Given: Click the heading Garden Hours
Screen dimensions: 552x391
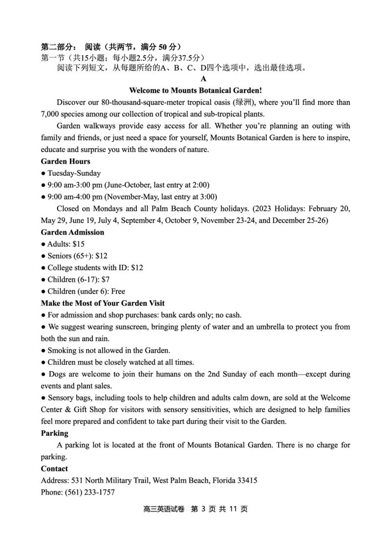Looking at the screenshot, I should tap(65, 161).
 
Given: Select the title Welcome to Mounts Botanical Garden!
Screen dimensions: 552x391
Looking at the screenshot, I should tap(195, 90).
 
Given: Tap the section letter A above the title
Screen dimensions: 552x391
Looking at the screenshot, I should tap(203, 79).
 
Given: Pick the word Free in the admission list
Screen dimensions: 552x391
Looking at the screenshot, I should tap(118, 291).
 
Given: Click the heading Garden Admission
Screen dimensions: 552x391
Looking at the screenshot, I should tap(72, 232).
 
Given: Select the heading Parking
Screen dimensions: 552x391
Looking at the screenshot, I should tap(55, 433).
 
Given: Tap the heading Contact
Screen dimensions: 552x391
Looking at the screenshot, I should tap(55, 468).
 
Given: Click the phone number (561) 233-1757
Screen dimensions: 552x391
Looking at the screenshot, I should tap(90, 492).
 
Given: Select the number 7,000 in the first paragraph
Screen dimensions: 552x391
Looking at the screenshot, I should tap(50, 114).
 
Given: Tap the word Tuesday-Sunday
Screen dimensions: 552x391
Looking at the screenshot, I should tap(74, 173).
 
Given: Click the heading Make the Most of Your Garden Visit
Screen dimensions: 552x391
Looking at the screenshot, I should tap(103, 303).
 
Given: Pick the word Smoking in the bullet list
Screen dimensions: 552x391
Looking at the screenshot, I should tap(62, 350).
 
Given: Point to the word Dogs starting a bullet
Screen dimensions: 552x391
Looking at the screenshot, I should tap(57, 374).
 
